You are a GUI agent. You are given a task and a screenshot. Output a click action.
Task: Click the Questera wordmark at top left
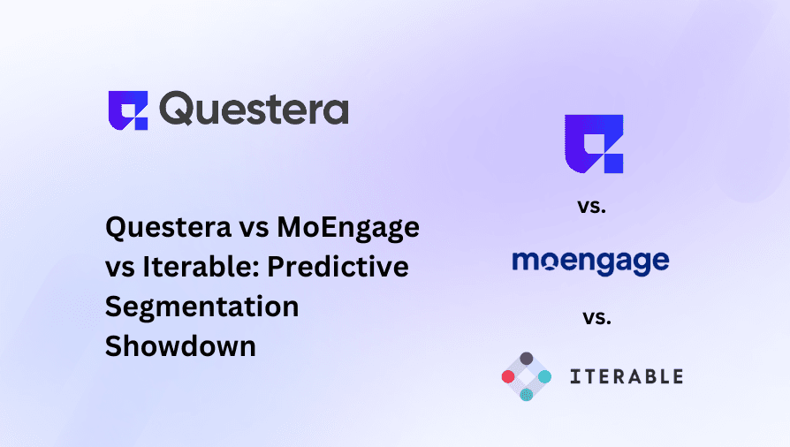pos(255,110)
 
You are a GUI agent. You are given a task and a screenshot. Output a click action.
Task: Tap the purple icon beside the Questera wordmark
pos(128,110)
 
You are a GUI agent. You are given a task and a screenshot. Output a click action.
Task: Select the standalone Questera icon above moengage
pos(594,143)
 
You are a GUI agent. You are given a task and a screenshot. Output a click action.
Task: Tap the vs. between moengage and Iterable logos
pos(596,316)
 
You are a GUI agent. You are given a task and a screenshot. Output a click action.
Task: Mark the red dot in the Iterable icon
pos(508,376)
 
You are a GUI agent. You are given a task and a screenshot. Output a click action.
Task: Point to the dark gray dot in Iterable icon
pos(527,359)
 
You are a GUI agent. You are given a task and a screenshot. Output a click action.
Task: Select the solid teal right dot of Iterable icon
pos(545,376)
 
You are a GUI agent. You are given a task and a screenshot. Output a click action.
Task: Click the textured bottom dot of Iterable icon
pos(527,395)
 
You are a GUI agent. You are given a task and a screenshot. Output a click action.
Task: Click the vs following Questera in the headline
pos(257,228)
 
